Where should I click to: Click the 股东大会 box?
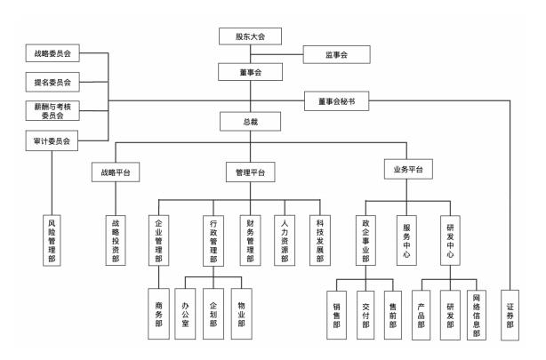(250, 36)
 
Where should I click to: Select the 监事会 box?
(335, 56)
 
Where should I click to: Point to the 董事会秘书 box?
(335, 102)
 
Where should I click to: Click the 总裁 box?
(250, 122)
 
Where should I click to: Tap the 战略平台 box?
(116, 172)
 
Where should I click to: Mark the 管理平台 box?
(250, 172)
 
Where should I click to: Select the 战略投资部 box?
(116, 239)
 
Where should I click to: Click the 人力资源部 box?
(285, 239)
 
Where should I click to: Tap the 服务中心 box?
(408, 239)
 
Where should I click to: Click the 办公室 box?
(184, 316)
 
